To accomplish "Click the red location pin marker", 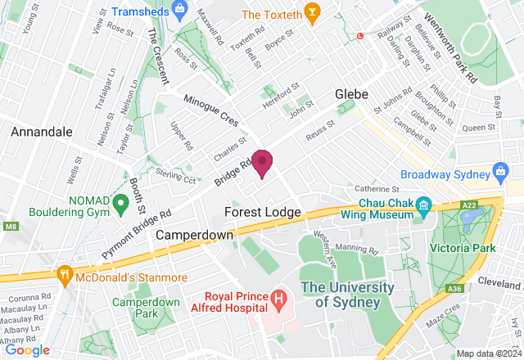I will point(262,162).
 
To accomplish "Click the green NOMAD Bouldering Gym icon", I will point(120,201).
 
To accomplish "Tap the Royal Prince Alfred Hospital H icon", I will point(279,298).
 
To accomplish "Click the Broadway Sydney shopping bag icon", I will point(501,173).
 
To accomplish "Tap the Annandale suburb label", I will point(42,131).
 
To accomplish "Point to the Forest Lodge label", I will point(262,212).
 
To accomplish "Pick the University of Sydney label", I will point(341,295).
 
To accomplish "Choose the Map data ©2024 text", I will point(488,353).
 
